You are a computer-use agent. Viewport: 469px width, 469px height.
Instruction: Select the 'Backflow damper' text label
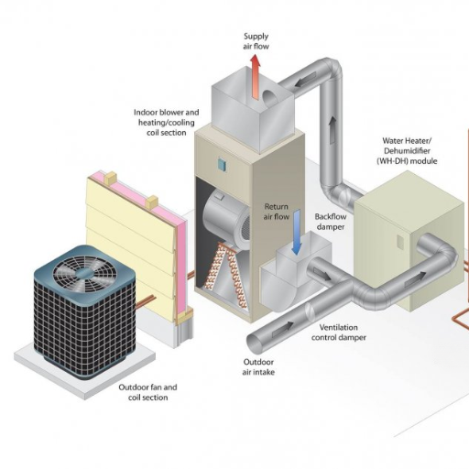pos(330,222)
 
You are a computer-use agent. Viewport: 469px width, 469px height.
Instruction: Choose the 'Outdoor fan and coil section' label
pos(148,393)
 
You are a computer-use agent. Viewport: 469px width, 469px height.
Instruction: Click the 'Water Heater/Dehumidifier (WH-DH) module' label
pos(409,151)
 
